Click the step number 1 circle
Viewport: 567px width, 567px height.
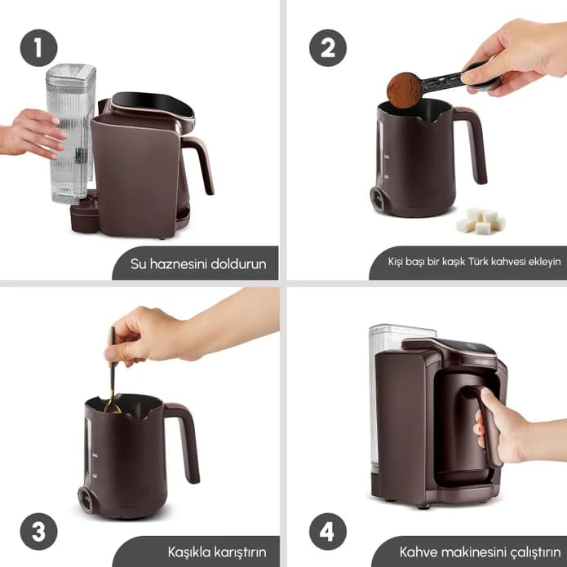click(38, 48)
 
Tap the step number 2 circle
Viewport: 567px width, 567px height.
click(328, 48)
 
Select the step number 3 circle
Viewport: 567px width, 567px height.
click(38, 531)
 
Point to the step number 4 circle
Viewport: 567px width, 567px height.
click(328, 531)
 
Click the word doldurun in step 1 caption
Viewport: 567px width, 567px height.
click(238, 264)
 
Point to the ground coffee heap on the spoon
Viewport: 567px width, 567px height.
click(404, 90)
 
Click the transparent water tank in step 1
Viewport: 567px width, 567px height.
click(70, 133)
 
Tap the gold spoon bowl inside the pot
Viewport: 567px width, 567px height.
click(113, 408)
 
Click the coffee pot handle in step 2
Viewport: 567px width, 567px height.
click(472, 143)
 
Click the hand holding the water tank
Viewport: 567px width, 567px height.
click(32, 134)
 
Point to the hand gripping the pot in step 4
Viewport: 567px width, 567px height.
click(513, 427)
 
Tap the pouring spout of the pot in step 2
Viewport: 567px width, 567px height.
click(433, 117)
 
